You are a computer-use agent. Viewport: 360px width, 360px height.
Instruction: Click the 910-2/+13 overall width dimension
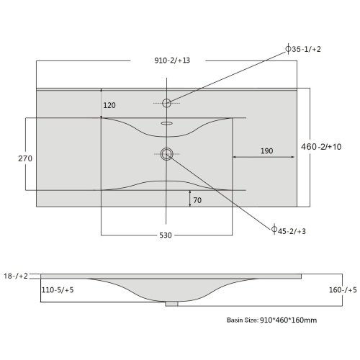tap(172, 60)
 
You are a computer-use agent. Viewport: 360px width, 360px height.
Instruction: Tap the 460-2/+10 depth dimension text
tap(321, 147)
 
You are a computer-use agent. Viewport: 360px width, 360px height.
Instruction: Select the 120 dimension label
tap(109, 105)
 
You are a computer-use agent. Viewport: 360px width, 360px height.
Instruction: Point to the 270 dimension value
tap(25, 158)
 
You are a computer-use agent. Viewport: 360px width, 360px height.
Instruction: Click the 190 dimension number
tap(267, 151)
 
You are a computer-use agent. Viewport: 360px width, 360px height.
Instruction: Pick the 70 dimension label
tap(197, 200)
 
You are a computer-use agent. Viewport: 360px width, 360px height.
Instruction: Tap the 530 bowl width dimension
tap(166, 235)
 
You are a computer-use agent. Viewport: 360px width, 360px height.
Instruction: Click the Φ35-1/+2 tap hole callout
tap(303, 49)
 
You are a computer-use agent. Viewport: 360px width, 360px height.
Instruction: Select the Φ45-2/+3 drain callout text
tap(289, 230)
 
